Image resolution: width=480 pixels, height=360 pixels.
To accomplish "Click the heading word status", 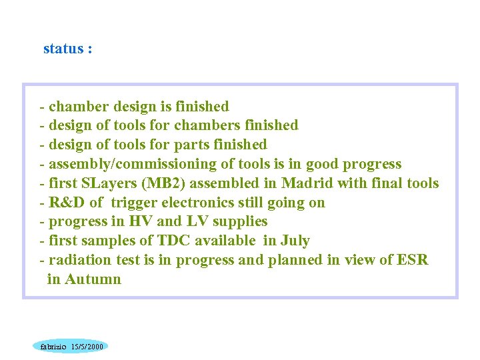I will click(x=63, y=49).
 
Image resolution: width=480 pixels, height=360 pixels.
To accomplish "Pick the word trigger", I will click(x=133, y=203).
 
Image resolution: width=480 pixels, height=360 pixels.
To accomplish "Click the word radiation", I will click(x=80, y=260).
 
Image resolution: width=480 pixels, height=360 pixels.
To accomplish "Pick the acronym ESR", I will click(x=413, y=260).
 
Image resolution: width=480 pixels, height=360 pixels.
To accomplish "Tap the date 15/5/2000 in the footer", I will click(x=87, y=347).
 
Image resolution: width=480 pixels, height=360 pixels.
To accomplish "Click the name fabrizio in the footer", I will click(x=53, y=347).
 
